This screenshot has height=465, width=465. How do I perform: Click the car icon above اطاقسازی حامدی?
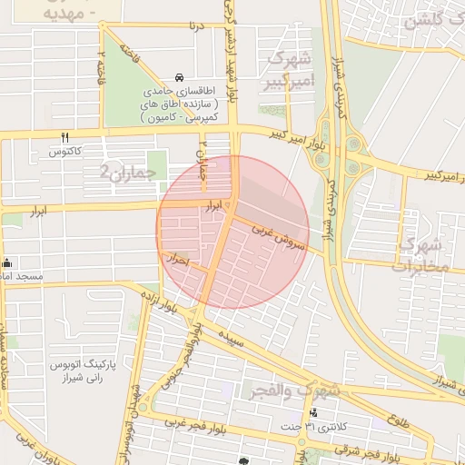(181, 78)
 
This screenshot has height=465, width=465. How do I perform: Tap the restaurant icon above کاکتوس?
(64, 138)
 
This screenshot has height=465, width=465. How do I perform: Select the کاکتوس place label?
(65, 152)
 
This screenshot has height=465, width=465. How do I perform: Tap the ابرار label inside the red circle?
(213, 208)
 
